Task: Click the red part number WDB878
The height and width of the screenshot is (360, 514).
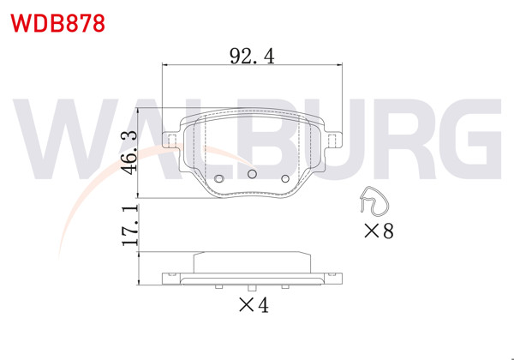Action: [x=57, y=22]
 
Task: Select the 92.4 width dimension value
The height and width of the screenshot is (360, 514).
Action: [x=252, y=57]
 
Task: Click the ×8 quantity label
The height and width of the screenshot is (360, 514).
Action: [x=378, y=231]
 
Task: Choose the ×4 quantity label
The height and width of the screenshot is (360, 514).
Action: [x=253, y=305]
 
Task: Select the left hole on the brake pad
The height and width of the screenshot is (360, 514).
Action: [x=218, y=179]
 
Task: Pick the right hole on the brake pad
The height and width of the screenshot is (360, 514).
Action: [x=286, y=179]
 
